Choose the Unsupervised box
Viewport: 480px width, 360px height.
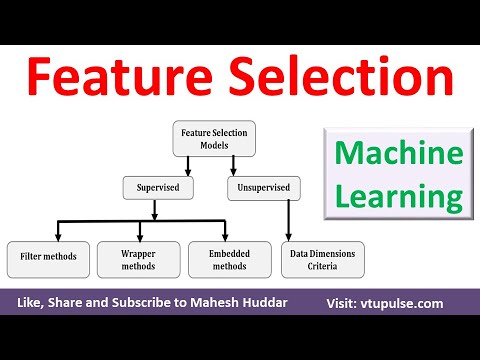[261, 187]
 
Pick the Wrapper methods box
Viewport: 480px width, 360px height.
[138, 258]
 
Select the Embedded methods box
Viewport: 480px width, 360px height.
[229, 258]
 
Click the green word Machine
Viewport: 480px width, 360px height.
[399, 155]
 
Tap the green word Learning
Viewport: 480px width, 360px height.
[399, 194]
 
